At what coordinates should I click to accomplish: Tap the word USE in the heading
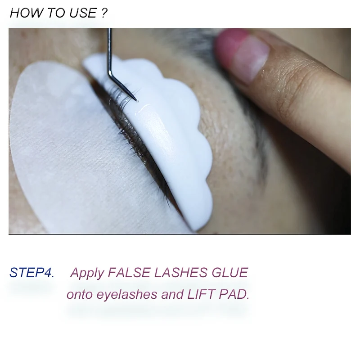point(83,13)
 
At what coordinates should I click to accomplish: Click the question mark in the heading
point(104,13)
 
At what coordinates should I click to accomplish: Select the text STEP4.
point(31,273)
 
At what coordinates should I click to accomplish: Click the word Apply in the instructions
point(87,273)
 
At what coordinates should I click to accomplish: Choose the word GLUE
point(229,273)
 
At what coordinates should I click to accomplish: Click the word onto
point(80,295)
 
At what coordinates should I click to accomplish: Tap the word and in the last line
point(172,294)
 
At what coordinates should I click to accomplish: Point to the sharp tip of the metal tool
point(137,100)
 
